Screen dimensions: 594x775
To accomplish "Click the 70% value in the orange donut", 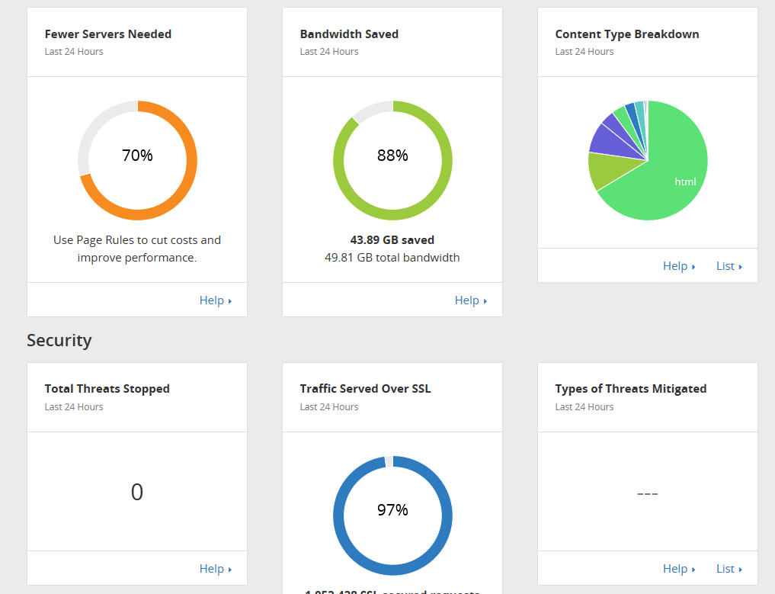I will coord(137,156).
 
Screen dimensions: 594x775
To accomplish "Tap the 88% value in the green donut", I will coord(392,156).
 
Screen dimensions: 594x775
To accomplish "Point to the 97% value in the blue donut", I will coord(392,510).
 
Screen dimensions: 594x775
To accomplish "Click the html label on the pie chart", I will coord(685,181).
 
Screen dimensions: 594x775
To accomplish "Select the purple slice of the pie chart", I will coord(605,138).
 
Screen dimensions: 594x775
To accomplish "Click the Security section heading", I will coord(59,340).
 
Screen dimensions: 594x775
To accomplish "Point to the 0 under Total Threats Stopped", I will coord(137,493).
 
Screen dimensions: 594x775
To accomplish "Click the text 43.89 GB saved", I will coord(392,240).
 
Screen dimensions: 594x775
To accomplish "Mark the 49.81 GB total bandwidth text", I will coord(392,258).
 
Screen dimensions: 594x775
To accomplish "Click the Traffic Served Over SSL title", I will coord(365,389).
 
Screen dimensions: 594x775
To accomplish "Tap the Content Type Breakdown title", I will coord(626,34).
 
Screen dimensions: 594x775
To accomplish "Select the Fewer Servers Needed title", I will coord(108,34).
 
